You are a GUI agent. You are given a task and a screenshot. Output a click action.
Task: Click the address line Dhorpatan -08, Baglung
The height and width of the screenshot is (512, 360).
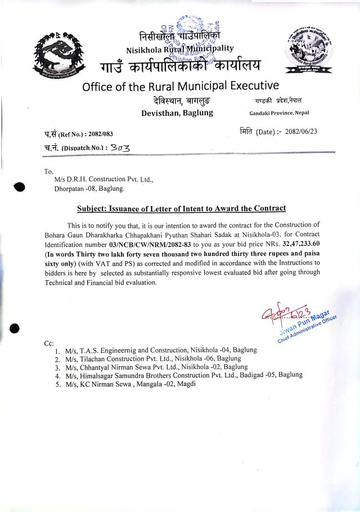coord(85,188)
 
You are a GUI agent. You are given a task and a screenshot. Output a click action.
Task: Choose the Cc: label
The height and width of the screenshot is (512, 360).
coord(49,343)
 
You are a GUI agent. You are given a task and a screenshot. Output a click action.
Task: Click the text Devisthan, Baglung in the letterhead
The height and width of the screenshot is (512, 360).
coord(177,113)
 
